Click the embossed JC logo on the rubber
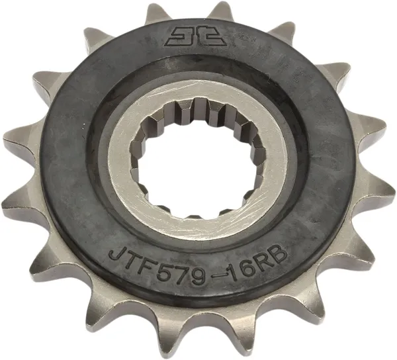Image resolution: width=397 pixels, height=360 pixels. (192, 35)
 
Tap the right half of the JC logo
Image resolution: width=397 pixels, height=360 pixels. (204, 35)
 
